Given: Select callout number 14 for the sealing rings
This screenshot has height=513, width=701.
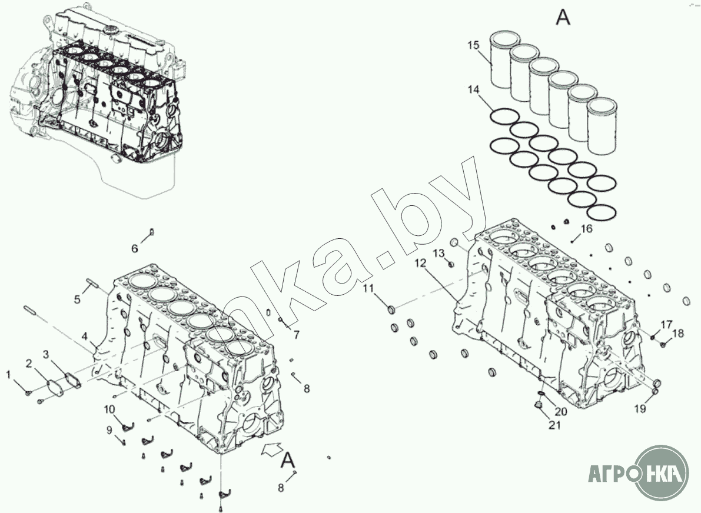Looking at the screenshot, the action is [x=474, y=90].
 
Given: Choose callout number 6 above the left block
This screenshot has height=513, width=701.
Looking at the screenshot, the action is [x=134, y=249].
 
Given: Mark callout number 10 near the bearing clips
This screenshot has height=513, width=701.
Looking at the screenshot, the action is [x=110, y=409].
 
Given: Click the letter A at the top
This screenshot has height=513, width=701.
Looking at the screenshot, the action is [x=563, y=18].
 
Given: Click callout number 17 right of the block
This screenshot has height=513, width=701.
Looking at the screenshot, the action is [x=666, y=324].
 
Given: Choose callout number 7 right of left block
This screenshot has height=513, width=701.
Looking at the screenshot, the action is [x=297, y=335].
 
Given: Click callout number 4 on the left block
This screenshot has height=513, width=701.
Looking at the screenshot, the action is [x=85, y=337].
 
